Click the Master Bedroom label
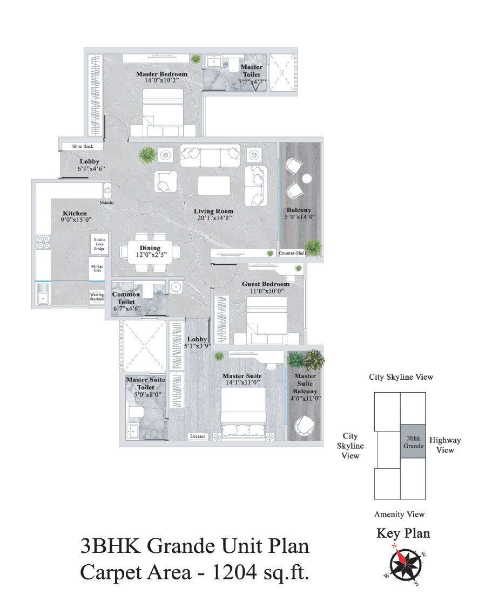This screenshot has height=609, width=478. [161, 74]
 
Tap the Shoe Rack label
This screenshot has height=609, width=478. [83, 146]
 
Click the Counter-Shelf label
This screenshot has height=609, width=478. [292, 252]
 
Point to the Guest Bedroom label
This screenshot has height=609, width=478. [265, 284]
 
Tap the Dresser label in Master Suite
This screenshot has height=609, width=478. [197, 436]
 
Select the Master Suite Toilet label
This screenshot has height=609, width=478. [145, 384]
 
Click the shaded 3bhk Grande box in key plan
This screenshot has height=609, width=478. [413, 442]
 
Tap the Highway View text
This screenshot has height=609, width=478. [445, 444]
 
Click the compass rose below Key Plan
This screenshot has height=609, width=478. [403, 565]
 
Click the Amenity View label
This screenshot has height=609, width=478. [399, 514]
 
